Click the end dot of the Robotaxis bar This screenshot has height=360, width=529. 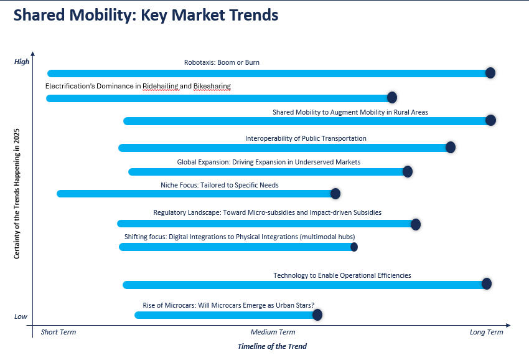[490, 73]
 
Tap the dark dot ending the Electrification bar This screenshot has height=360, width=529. [391, 98]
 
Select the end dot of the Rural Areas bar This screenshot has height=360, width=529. [490, 120]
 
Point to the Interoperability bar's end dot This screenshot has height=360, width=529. [451, 147]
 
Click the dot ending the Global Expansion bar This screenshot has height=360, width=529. [408, 171]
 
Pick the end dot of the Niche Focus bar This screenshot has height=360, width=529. [335, 194]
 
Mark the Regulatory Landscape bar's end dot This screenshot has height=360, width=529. [416, 224]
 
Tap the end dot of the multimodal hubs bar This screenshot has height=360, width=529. [354, 247]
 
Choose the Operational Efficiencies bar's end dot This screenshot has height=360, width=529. [487, 283]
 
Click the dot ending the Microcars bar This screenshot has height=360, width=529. [317, 315]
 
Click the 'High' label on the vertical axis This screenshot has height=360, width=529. [22, 62]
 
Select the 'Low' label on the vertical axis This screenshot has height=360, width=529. [21, 316]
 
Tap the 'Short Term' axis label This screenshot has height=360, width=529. [59, 332]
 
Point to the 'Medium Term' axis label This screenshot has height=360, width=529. [273, 332]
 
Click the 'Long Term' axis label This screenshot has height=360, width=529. [486, 332]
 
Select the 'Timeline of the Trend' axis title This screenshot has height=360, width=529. [272, 346]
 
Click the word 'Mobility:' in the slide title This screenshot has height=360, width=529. [103, 16]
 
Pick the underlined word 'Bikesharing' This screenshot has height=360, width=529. [212, 87]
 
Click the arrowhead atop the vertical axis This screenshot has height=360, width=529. [33, 54]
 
